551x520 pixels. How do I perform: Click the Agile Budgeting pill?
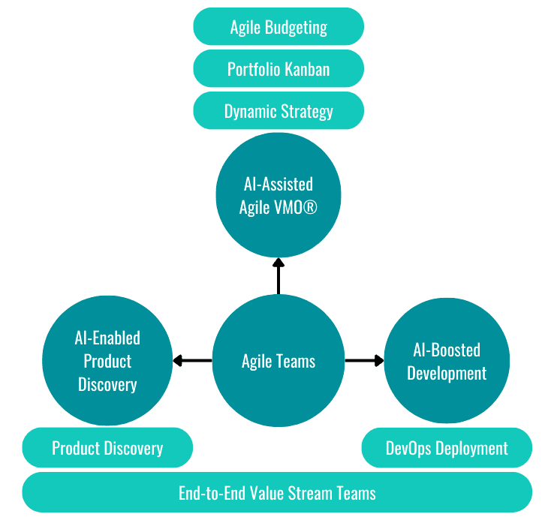[x=279, y=27]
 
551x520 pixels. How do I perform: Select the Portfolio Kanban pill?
[x=279, y=70]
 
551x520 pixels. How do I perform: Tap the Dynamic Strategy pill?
[x=279, y=112]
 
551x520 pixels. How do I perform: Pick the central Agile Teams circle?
[x=279, y=362]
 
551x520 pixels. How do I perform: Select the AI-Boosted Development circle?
[x=447, y=362]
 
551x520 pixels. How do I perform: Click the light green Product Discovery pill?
[x=107, y=449]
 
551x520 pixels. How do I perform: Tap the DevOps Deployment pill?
[x=447, y=449]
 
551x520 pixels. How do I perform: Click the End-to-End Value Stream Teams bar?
[x=277, y=493]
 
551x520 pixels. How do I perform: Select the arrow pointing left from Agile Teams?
[x=191, y=362]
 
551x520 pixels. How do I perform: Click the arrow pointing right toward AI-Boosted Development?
[x=364, y=362]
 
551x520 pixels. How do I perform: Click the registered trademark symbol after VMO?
[x=309, y=208]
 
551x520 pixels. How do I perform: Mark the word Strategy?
[x=306, y=113]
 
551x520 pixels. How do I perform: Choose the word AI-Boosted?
[x=447, y=350]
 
